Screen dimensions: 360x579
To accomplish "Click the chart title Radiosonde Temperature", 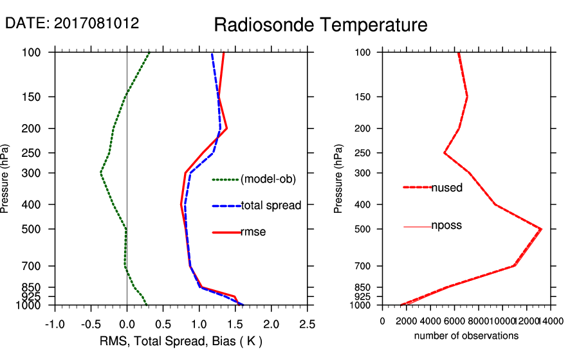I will [x=320, y=26].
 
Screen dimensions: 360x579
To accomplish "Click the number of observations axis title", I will [x=466, y=336].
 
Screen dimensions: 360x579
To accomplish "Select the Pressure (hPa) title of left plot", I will [x=6, y=178].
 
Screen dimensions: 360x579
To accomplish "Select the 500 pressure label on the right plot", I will [x=363, y=229].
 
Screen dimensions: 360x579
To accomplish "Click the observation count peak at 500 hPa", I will [x=541, y=229].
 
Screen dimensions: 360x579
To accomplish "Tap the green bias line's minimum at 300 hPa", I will [x=101, y=173].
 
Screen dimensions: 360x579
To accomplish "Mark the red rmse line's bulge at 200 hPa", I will [x=226, y=129].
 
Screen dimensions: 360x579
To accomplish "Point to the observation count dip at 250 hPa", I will [x=445, y=153].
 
